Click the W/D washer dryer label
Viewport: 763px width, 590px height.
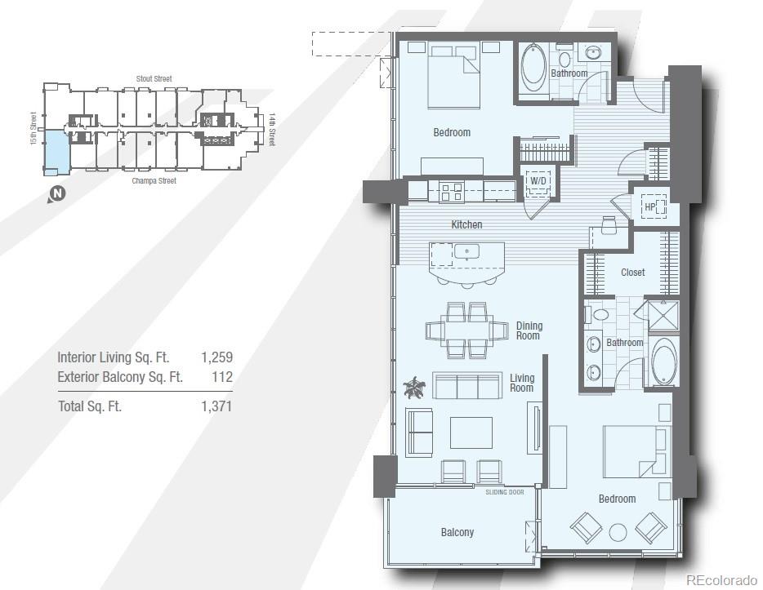[x=538, y=180]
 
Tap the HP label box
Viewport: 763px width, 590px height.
[x=651, y=206]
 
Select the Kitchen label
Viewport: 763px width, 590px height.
[x=466, y=224]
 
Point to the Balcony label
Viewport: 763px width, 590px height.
[x=457, y=533]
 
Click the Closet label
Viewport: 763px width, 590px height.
[x=632, y=273]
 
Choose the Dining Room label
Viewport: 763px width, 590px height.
[x=529, y=330]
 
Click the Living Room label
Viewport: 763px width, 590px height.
[x=522, y=383]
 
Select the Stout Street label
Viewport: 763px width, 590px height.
[x=154, y=79]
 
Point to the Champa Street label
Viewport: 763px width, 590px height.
[x=154, y=181]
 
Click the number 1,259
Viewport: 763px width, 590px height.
[x=216, y=357]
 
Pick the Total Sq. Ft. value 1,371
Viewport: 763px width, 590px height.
[x=216, y=406]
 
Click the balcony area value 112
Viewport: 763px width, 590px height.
[x=221, y=377]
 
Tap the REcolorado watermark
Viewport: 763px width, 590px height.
[x=721, y=580]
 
